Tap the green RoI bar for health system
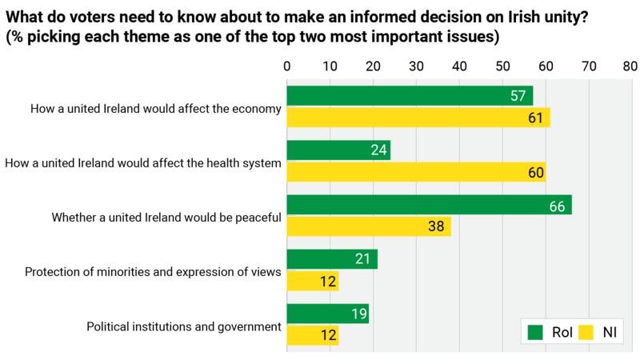pyautogui.click(x=338, y=150)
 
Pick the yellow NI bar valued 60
pyautogui.click(x=416, y=173)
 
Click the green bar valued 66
pyautogui.click(x=429, y=206)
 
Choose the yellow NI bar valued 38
pyautogui.click(x=369, y=227)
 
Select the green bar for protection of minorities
pyautogui.click(x=332, y=260)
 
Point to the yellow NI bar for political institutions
pyautogui.click(x=313, y=336)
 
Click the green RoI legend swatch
pyautogui.click(x=535, y=331)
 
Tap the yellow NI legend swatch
pyautogui.click(x=586, y=331)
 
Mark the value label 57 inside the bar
pyautogui.click(x=518, y=96)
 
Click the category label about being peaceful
pyautogui.click(x=166, y=217)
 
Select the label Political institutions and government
pyautogui.click(x=183, y=326)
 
